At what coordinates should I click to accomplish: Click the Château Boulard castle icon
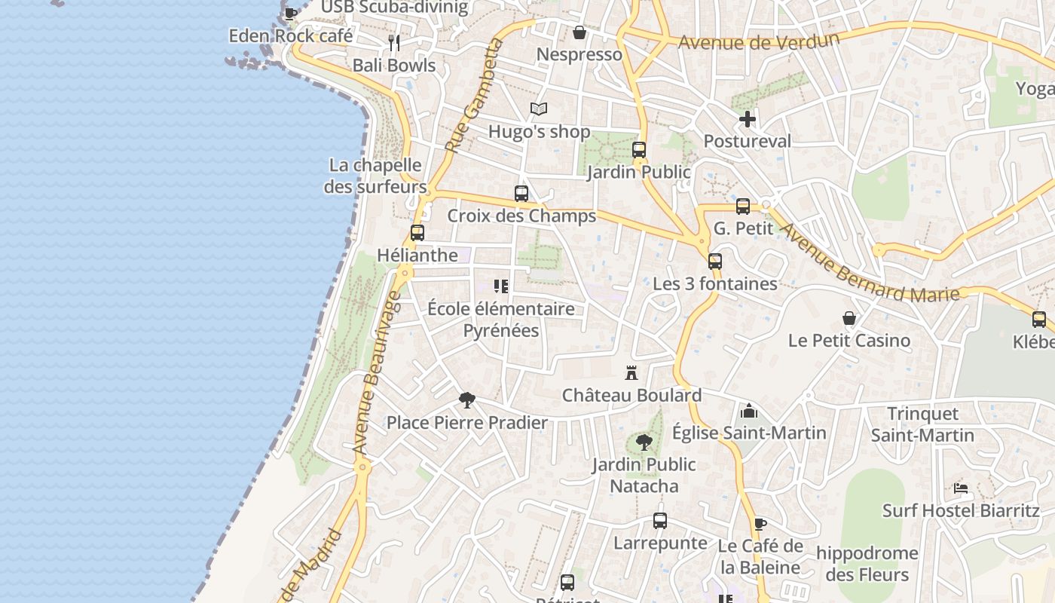pos(631,372)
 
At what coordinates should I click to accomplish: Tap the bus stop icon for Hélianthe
pos(417,233)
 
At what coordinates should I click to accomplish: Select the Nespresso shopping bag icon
pos(579,32)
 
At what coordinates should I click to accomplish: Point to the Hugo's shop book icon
pos(538,109)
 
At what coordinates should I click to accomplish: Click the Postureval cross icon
pos(747,119)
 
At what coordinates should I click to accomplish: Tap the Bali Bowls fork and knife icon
pos(394,43)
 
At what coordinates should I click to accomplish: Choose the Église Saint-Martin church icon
pos(748,411)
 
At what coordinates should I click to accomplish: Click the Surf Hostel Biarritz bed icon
pos(960,488)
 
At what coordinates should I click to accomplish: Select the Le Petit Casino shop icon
pos(849,318)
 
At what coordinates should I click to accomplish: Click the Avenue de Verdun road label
pos(758,39)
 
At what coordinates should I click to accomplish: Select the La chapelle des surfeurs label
pos(375,176)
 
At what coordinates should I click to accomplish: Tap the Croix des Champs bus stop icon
pos(521,194)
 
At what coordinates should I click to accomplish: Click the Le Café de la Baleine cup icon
pos(760,524)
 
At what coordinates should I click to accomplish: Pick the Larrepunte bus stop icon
pos(659,521)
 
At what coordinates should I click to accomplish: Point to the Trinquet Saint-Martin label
pos(922,424)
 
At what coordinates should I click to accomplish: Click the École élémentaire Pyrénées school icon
pos(501,286)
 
